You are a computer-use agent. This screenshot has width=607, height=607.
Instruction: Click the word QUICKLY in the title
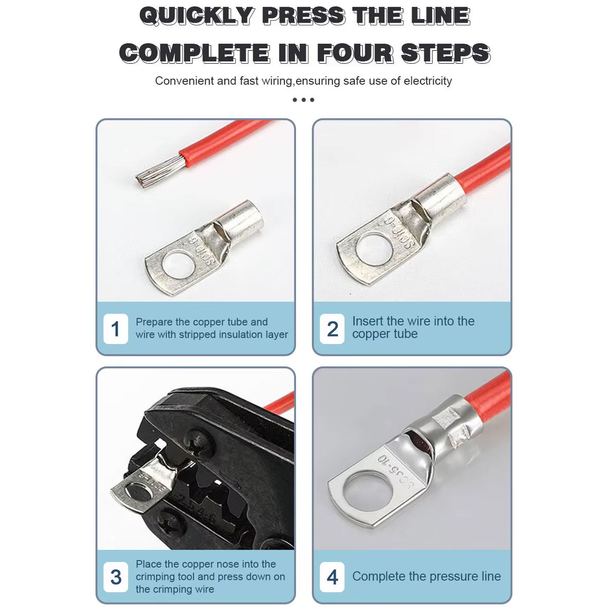click(x=197, y=16)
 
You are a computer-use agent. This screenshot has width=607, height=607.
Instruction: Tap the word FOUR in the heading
click(x=355, y=53)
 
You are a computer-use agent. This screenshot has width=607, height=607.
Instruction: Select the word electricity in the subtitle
click(x=428, y=81)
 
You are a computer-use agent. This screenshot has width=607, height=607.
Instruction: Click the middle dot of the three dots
click(x=303, y=100)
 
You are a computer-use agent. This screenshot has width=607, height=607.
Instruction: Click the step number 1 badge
click(x=116, y=329)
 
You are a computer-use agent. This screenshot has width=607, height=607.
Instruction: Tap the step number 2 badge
click(x=332, y=329)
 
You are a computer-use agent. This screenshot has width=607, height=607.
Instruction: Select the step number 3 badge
click(x=116, y=577)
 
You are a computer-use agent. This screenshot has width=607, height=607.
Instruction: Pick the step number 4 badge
click(x=332, y=577)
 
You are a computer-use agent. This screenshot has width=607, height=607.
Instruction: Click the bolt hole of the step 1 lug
click(x=178, y=265)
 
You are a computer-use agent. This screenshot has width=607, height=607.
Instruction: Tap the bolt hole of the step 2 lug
click(x=375, y=250)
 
